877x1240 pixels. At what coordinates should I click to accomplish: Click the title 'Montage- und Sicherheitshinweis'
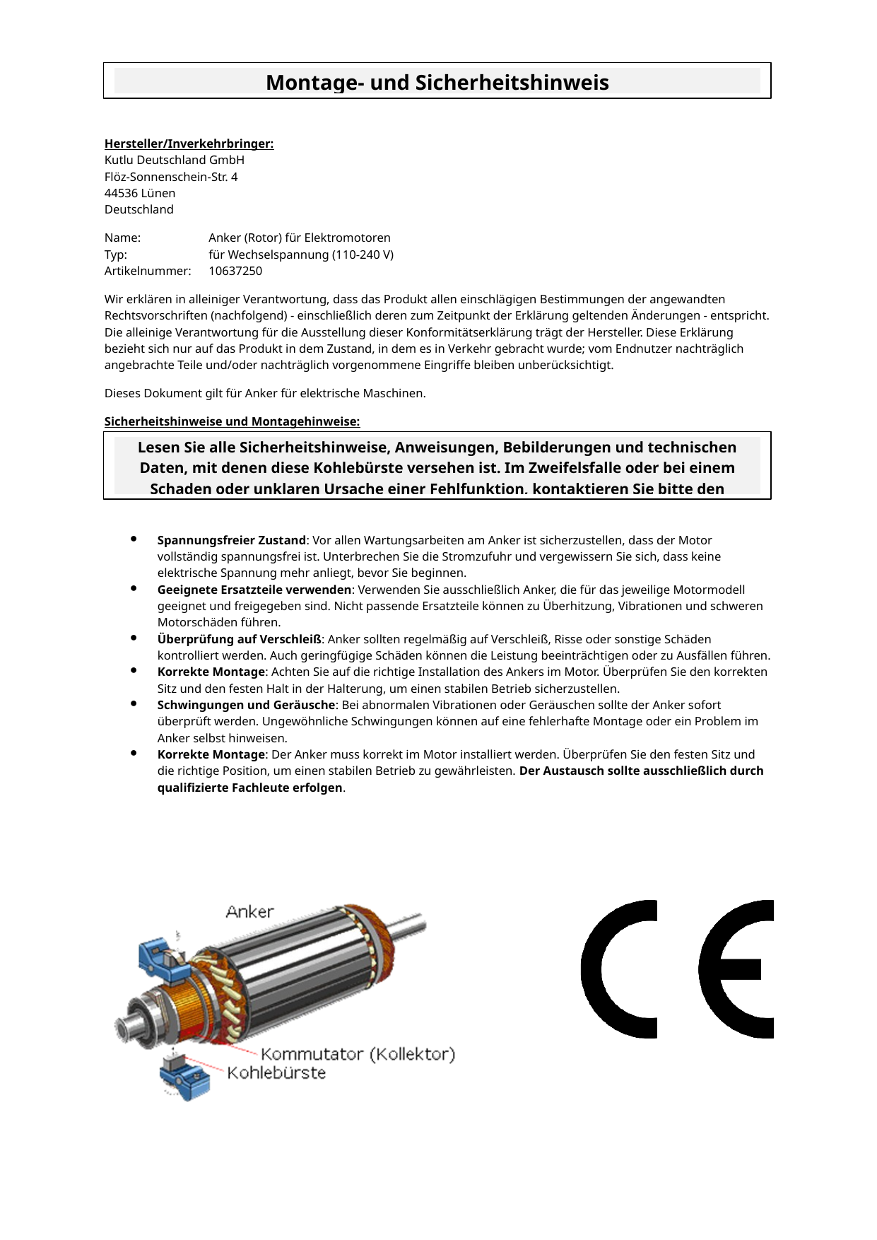pos(437,83)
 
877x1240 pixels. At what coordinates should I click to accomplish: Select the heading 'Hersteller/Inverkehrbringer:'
pos(189,144)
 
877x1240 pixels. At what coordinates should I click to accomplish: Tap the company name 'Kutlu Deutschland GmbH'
pos(174,160)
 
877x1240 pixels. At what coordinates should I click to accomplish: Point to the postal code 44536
pos(122,193)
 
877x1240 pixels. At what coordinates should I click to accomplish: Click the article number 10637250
pos(235,271)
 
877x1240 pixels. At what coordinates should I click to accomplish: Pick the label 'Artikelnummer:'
pos(148,271)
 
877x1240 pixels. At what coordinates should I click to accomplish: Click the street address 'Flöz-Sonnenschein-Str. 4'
pos(171,177)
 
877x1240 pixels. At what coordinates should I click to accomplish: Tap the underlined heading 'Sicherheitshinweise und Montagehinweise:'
pos(232,421)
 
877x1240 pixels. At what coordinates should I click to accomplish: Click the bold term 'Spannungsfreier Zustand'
pos(231,540)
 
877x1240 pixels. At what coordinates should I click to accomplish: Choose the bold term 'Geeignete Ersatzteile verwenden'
pos(254,590)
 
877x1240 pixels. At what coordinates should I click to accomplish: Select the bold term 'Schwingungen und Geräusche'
pos(246,705)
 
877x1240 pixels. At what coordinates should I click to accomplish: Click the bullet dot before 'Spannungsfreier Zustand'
pos(134,539)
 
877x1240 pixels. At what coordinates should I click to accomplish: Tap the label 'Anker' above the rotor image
pos(249,912)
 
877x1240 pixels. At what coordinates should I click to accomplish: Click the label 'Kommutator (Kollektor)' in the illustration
pos(358,1054)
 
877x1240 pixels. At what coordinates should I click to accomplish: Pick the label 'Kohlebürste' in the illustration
pos(276,1072)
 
